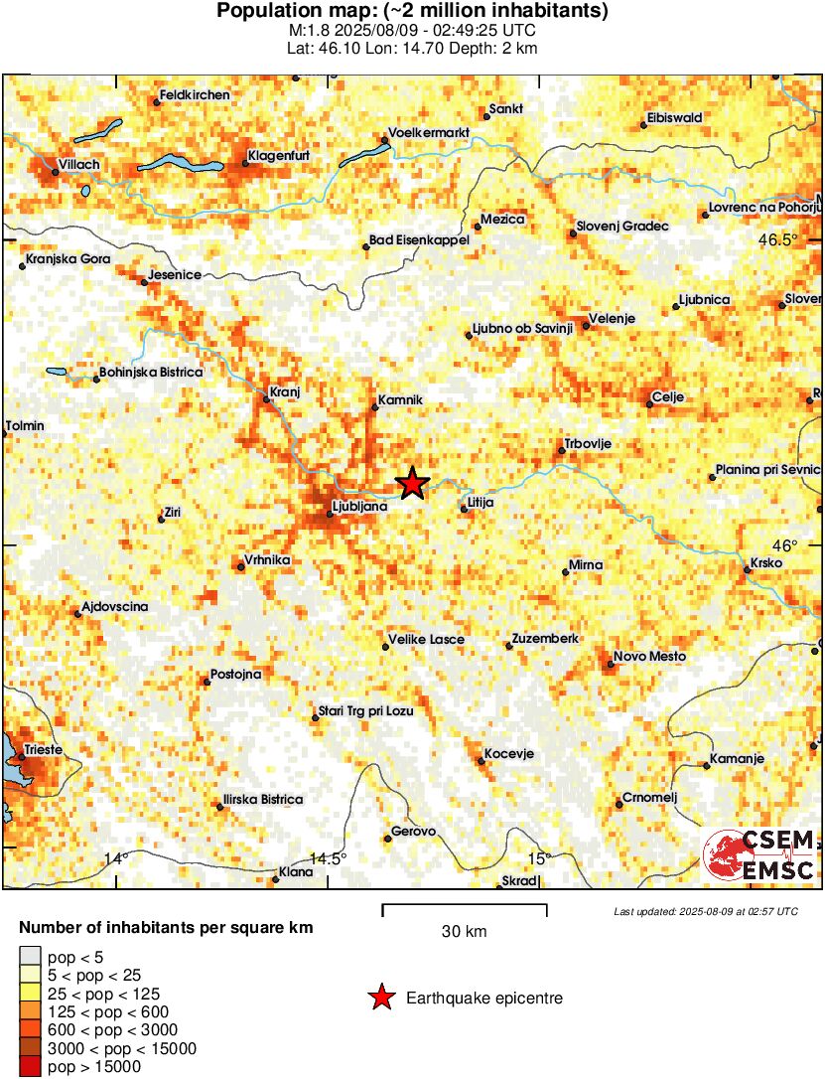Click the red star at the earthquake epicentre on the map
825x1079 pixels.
tap(413, 484)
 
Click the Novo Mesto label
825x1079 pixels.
tap(644, 656)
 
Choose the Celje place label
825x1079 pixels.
tap(669, 396)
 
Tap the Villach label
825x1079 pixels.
tap(79, 165)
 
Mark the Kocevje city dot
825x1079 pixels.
tap(481, 761)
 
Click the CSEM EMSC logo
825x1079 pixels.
tap(759, 855)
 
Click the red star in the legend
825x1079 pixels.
tap(380, 998)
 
